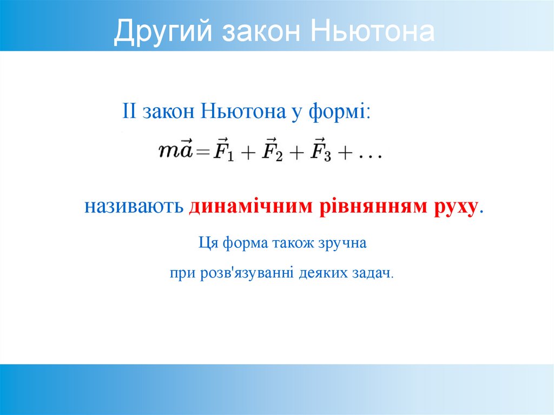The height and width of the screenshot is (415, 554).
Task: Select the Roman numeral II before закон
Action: click(x=131, y=112)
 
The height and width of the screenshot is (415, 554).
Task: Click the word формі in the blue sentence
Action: click(x=339, y=112)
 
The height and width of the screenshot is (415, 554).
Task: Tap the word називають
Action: click(x=134, y=207)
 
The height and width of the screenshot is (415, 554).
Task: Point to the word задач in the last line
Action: click(x=374, y=273)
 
